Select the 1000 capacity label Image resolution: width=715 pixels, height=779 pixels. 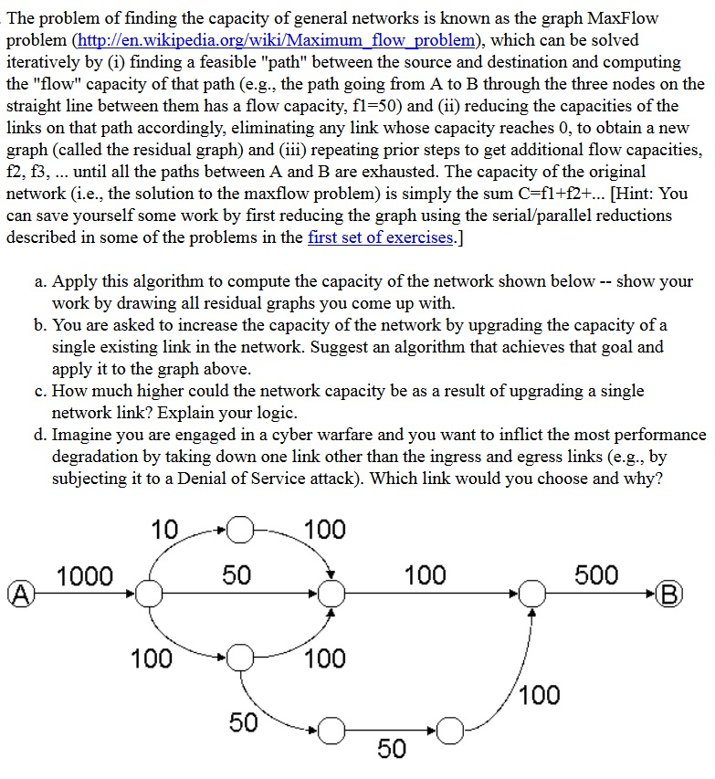[85, 575]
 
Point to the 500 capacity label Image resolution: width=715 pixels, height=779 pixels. [596, 575]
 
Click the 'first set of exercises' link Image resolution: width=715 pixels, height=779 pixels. [380, 237]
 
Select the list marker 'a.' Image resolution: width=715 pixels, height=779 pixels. [41, 281]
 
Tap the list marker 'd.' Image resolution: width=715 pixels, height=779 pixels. [41, 435]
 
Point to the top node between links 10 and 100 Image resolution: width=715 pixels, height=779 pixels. [239, 529]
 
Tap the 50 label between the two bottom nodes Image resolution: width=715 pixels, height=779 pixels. [392, 748]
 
